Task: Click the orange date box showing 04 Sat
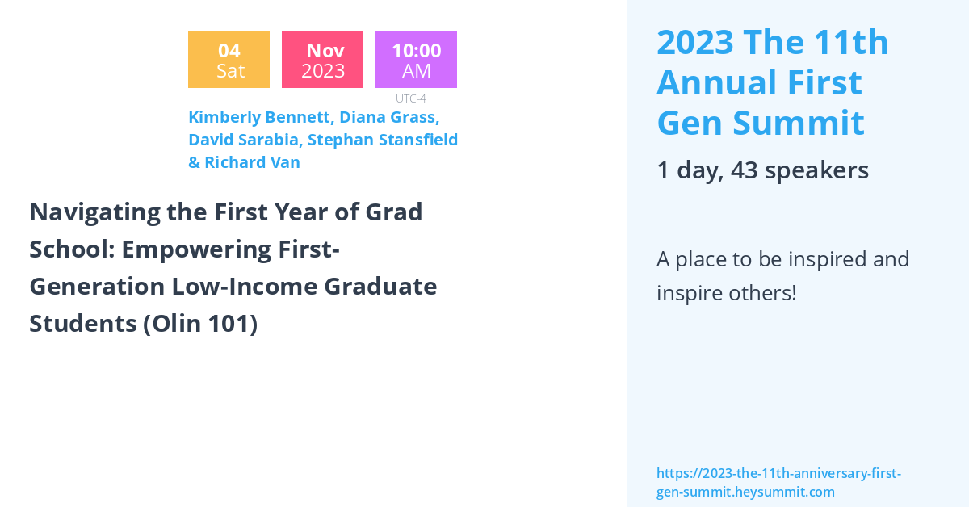point(229,60)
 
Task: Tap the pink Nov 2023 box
point(322,60)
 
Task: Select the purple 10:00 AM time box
point(416,60)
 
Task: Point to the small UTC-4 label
point(410,98)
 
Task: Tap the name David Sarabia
point(245,140)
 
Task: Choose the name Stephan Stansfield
point(383,140)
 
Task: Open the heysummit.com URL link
point(778,482)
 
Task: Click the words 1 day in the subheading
point(687,170)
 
